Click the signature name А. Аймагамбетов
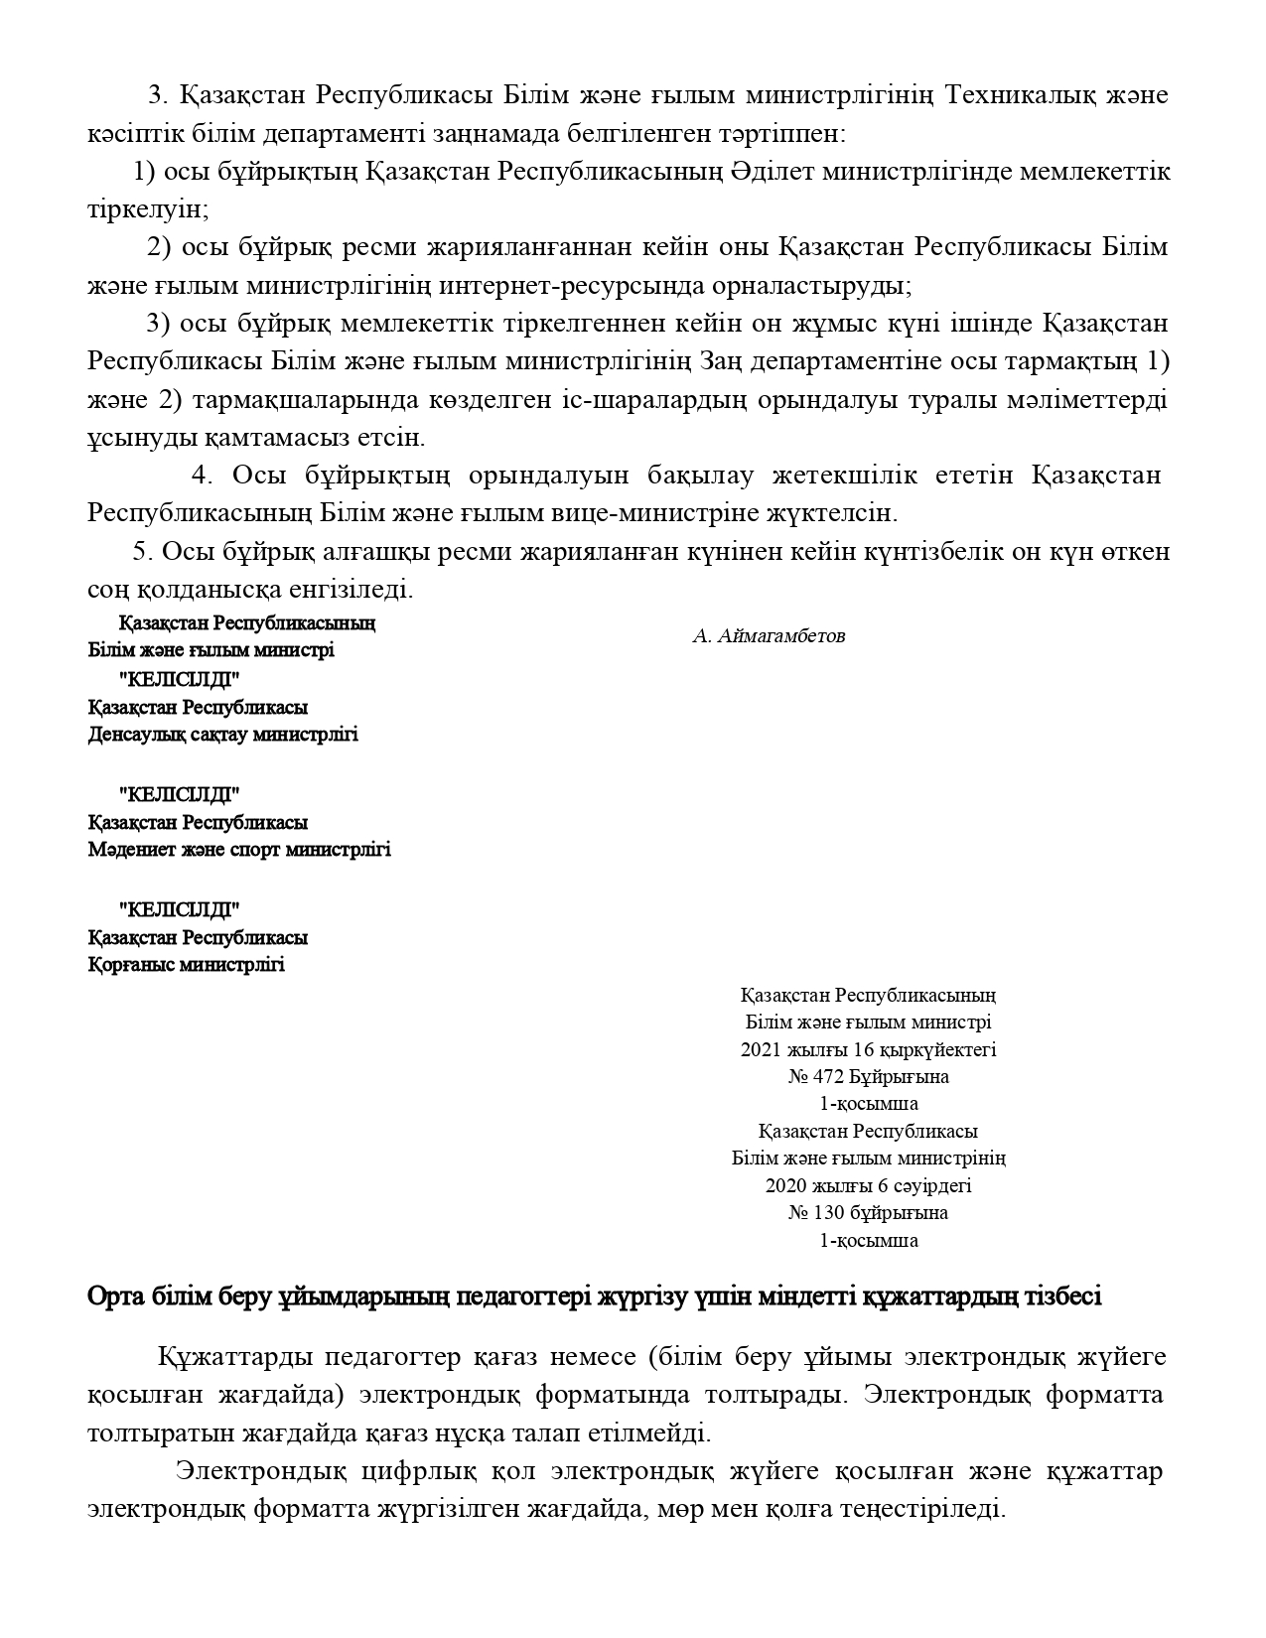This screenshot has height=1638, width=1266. click(769, 636)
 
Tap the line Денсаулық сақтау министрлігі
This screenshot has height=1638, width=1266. click(222, 735)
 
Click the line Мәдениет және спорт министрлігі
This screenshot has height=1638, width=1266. click(238, 850)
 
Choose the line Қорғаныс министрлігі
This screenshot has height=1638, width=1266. click(186, 964)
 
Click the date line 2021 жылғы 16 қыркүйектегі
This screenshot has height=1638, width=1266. click(868, 1049)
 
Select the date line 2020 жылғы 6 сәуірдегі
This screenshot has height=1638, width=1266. click(868, 1185)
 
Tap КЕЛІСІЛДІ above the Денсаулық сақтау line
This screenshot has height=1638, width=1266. click(179, 680)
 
